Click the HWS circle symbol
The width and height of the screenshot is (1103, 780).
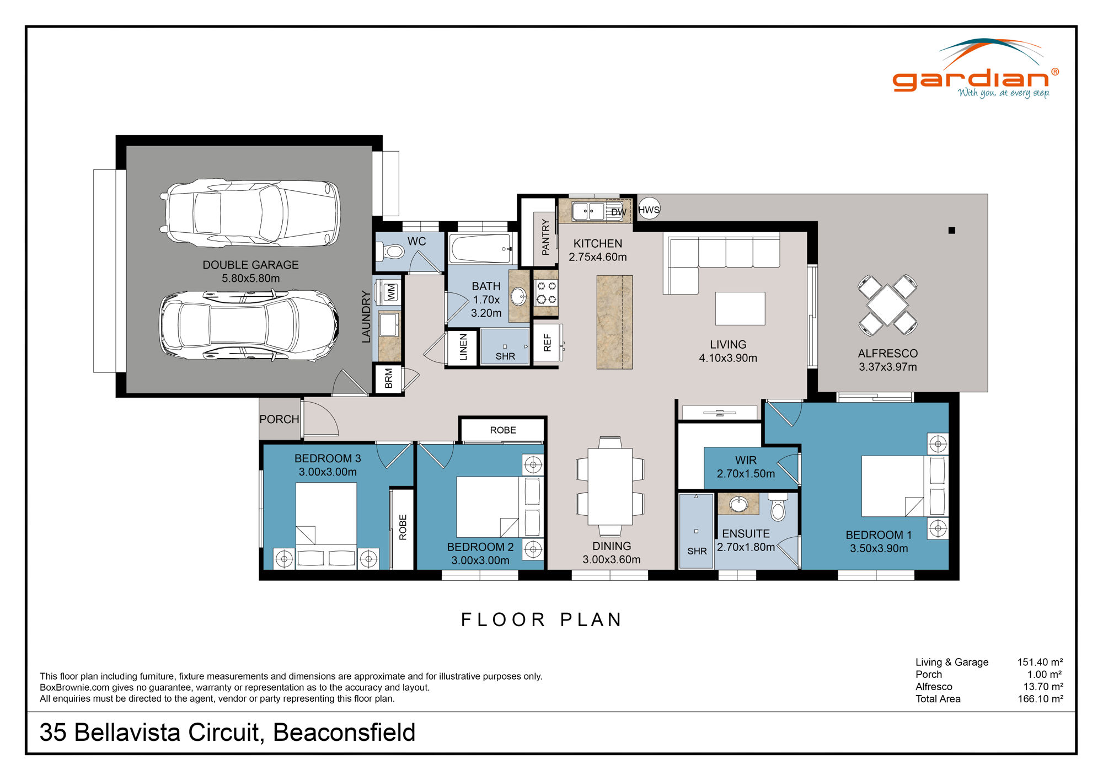[649, 209]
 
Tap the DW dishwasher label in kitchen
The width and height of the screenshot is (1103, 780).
[618, 212]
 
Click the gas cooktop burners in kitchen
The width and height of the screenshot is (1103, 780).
[546, 292]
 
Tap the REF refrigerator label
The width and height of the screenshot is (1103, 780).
[547, 343]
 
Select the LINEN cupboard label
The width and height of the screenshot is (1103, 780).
[463, 348]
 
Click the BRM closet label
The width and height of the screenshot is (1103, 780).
[389, 378]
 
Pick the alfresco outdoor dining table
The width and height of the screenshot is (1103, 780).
[887, 305]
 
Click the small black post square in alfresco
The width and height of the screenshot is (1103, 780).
[951, 231]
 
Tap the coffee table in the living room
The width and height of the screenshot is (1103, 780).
[740, 308]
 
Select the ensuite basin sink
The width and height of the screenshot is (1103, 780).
[738, 504]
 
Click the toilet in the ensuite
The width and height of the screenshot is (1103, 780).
[778, 508]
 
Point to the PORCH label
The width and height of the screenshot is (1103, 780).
[279, 419]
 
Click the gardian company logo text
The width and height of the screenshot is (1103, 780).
[971, 80]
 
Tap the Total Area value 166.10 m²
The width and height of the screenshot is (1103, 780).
[1040, 699]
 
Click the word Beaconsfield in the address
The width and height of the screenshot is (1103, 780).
[344, 733]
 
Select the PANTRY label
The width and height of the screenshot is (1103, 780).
[545, 237]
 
